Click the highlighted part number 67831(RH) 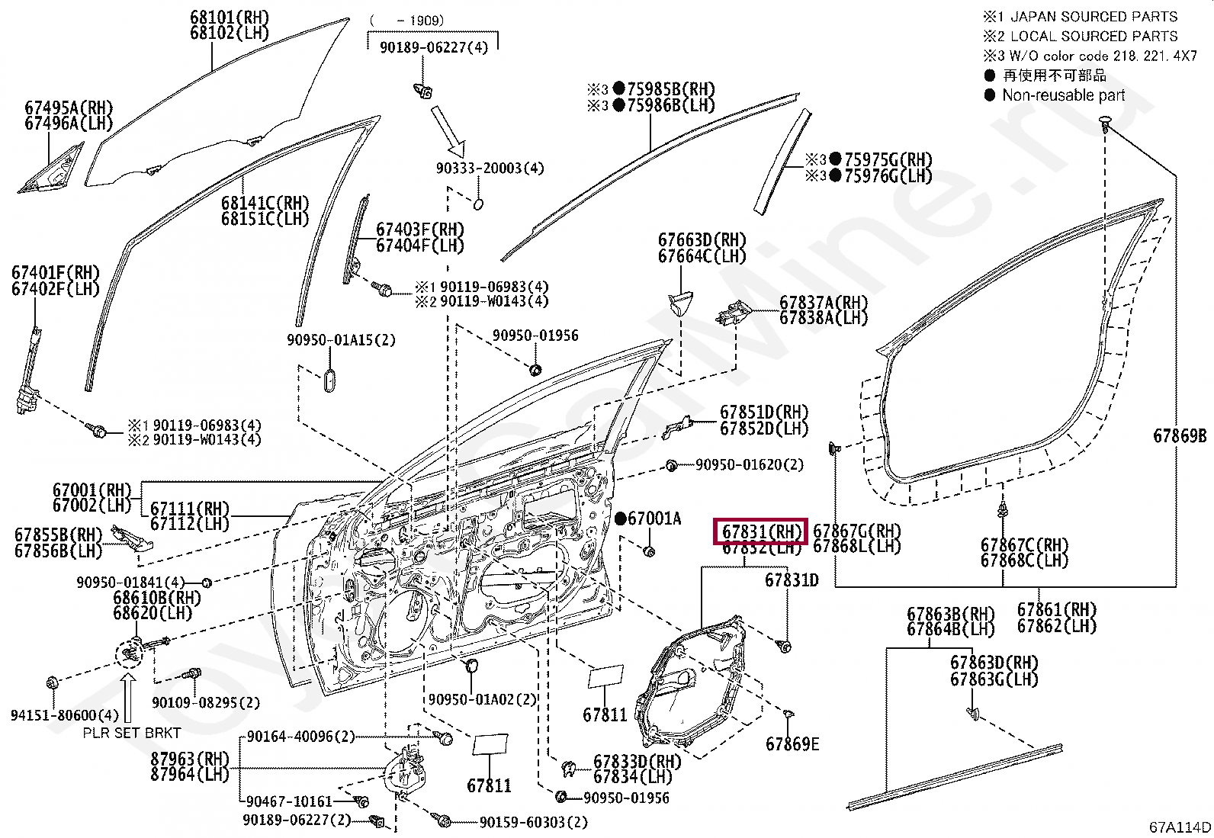(760, 531)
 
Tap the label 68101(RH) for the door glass (230, 17)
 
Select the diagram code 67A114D (1180, 827)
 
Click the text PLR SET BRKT (132, 733)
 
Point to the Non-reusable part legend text (1063, 95)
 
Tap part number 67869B (1180, 436)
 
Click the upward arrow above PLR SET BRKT (128, 696)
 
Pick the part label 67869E (792, 744)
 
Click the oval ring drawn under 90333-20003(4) (478, 204)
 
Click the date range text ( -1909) (406, 21)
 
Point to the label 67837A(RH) (823, 303)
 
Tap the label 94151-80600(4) (65, 714)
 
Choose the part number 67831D (792, 580)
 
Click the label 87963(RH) (191, 759)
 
